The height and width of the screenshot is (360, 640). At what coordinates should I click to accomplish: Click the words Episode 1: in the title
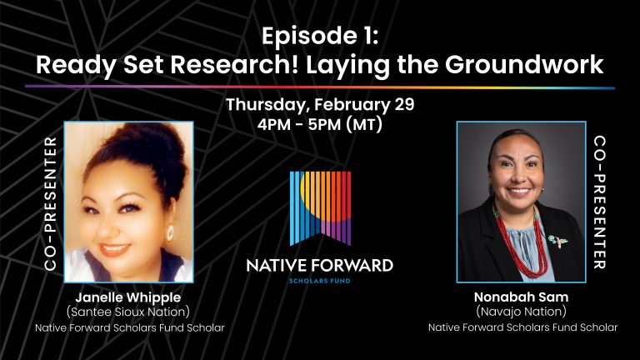point(320,36)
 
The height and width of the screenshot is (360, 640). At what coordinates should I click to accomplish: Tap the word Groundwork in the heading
point(524,64)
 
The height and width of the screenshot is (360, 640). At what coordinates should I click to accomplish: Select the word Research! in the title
point(235,64)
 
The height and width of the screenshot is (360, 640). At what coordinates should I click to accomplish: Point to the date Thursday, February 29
point(320,105)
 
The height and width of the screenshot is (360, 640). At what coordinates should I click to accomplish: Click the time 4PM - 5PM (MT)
point(320,124)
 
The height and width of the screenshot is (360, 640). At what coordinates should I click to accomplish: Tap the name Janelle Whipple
point(127,298)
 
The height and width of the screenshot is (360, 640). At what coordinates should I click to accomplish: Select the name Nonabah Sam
point(521,297)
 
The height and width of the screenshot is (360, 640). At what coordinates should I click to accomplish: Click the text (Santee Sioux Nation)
point(128,312)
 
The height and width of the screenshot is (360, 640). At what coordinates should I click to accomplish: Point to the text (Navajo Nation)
point(521,312)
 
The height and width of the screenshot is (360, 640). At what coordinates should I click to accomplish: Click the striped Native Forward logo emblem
point(320,208)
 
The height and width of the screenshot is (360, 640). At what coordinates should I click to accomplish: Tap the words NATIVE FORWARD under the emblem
point(320,266)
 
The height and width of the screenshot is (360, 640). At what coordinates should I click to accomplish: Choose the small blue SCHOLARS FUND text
point(320,281)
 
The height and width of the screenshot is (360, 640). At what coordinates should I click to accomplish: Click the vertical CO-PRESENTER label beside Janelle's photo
point(50,203)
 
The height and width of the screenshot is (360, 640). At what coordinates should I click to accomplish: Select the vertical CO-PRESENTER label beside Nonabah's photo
point(600,202)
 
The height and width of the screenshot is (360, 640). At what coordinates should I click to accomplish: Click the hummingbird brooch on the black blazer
point(558,241)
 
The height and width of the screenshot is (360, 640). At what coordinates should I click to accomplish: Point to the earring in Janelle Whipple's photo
point(169,233)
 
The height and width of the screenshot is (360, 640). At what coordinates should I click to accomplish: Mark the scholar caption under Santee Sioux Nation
point(130,327)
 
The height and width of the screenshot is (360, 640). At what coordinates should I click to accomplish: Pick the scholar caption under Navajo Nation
point(522,327)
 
